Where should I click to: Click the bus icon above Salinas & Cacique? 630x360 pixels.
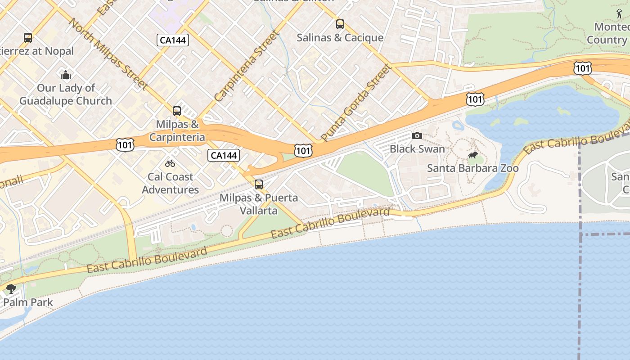pyautogui.click(x=340, y=24)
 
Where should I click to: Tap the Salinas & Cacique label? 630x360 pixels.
pyautogui.click(x=340, y=38)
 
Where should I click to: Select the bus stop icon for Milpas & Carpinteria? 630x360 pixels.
pyautogui.click(x=177, y=111)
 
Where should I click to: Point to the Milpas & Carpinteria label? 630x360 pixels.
pyautogui.click(x=177, y=130)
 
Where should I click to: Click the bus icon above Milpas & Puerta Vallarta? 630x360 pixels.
pyautogui.click(x=259, y=184)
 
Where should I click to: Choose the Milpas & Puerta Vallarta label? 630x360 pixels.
pyautogui.click(x=259, y=204)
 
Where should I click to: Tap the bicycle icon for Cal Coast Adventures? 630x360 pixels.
pyautogui.click(x=170, y=163)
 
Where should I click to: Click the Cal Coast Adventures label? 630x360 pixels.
pyautogui.click(x=171, y=183)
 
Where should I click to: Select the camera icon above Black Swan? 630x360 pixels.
pyautogui.click(x=417, y=135)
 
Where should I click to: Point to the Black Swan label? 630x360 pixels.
pyautogui.click(x=417, y=149)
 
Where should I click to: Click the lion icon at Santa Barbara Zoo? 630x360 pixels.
pyautogui.click(x=472, y=155)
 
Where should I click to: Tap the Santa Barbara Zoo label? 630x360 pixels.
pyautogui.click(x=472, y=168)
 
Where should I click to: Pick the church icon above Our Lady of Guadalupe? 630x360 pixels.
pyautogui.click(x=66, y=75)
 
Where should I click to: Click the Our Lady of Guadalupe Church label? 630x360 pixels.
pyautogui.click(x=66, y=94)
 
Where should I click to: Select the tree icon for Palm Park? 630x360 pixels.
pyautogui.click(x=11, y=288)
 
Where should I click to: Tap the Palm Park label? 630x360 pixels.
pyautogui.click(x=28, y=302)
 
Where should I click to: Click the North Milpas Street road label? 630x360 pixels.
pyautogui.click(x=108, y=54)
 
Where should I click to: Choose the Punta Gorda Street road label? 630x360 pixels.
pyautogui.click(x=356, y=102)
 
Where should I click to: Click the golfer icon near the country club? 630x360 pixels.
pyautogui.click(x=620, y=14)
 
